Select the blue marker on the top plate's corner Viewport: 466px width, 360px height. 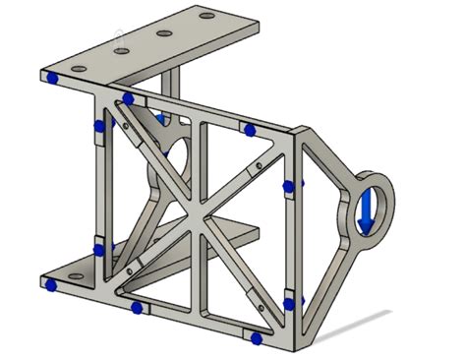50,77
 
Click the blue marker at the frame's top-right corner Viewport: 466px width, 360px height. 250,130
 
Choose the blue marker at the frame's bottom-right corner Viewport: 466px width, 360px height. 256,338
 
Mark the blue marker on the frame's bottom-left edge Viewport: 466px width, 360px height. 136,308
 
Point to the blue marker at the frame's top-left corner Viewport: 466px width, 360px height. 128,98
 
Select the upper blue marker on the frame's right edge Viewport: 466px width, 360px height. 288,185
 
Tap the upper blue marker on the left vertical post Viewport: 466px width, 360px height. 97,126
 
